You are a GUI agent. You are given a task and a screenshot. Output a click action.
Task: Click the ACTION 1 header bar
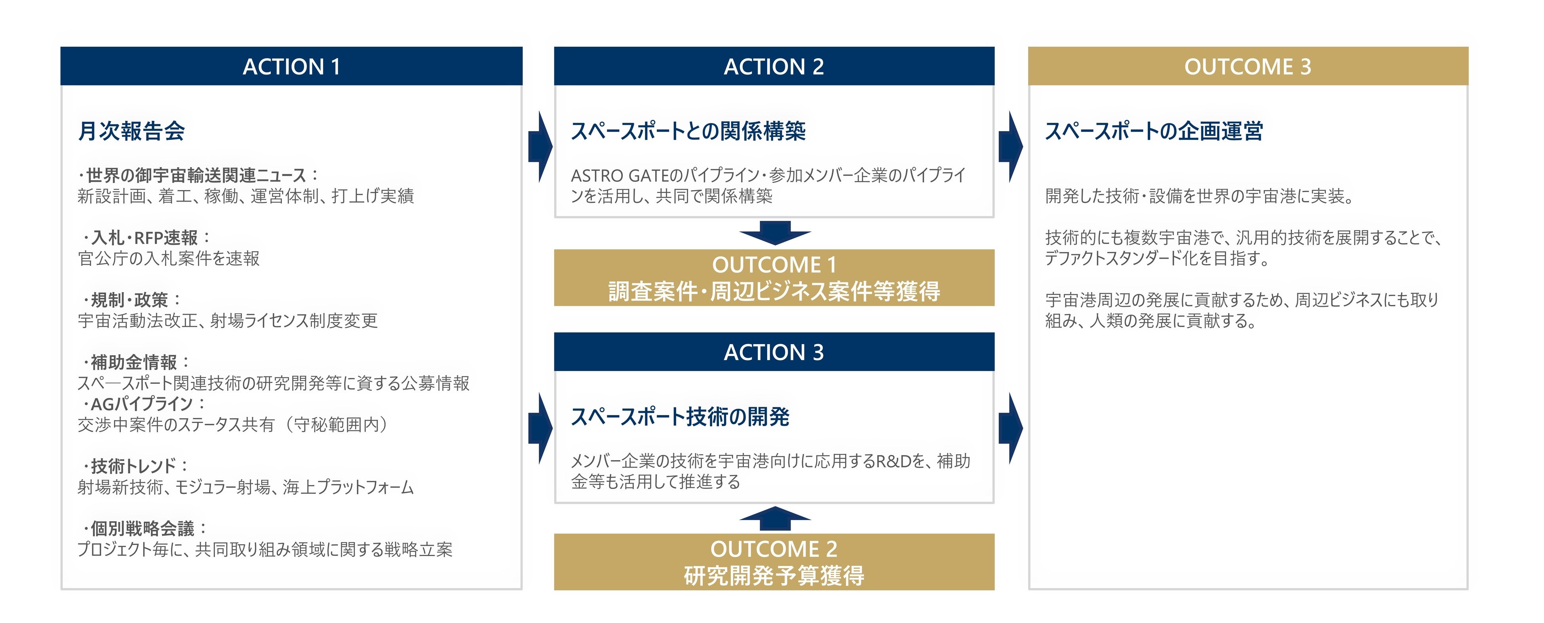291,66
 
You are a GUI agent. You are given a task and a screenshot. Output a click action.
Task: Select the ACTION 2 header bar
774,66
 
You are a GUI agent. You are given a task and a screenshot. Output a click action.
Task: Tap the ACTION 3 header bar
774,352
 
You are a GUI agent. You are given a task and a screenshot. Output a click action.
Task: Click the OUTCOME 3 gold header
1248,66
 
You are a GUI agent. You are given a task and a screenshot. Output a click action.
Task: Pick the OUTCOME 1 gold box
774,278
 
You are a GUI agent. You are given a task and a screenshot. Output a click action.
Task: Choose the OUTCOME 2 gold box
774,562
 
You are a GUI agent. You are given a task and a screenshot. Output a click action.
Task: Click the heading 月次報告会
131,131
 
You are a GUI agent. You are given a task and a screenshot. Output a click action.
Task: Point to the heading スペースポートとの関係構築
688,131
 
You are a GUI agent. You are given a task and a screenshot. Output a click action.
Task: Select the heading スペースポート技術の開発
680,416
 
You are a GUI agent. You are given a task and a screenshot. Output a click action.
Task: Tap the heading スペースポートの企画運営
1154,131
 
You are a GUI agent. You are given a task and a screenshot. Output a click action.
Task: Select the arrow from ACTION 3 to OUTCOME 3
1011,428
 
